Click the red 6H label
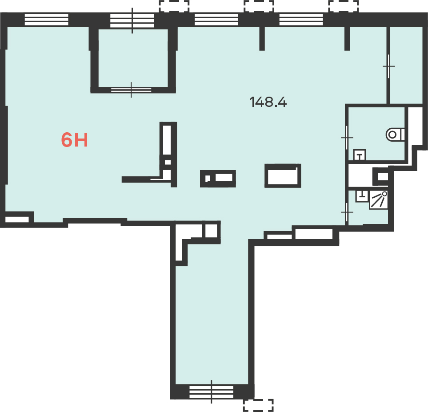(74, 139)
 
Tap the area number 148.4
(268, 102)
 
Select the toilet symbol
(395, 135)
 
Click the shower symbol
(379, 200)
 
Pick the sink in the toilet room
(360, 155)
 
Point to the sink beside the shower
(362, 196)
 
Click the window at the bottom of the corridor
(211, 392)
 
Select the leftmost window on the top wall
(46, 20)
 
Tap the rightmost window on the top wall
(301, 20)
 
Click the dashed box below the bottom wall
(258, 405)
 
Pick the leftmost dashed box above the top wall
(174, 6)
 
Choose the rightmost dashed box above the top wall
(344, 6)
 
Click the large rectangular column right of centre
(283, 175)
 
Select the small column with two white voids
(218, 179)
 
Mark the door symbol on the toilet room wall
(347, 138)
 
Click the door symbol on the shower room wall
(347, 212)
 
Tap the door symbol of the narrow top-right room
(388, 66)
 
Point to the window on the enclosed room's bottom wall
(131, 90)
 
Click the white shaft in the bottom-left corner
(17, 220)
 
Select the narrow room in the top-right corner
(406, 65)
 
